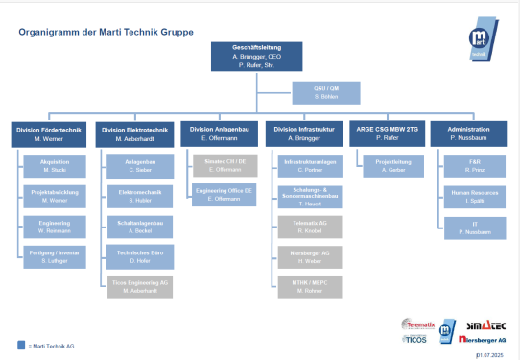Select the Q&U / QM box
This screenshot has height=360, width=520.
(x=326, y=92)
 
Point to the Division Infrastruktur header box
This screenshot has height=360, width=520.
(x=306, y=134)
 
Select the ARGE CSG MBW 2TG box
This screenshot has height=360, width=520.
(x=389, y=134)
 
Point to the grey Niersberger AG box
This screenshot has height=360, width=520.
(x=308, y=255)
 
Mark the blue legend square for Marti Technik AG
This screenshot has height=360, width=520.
(x=22, y=344)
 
